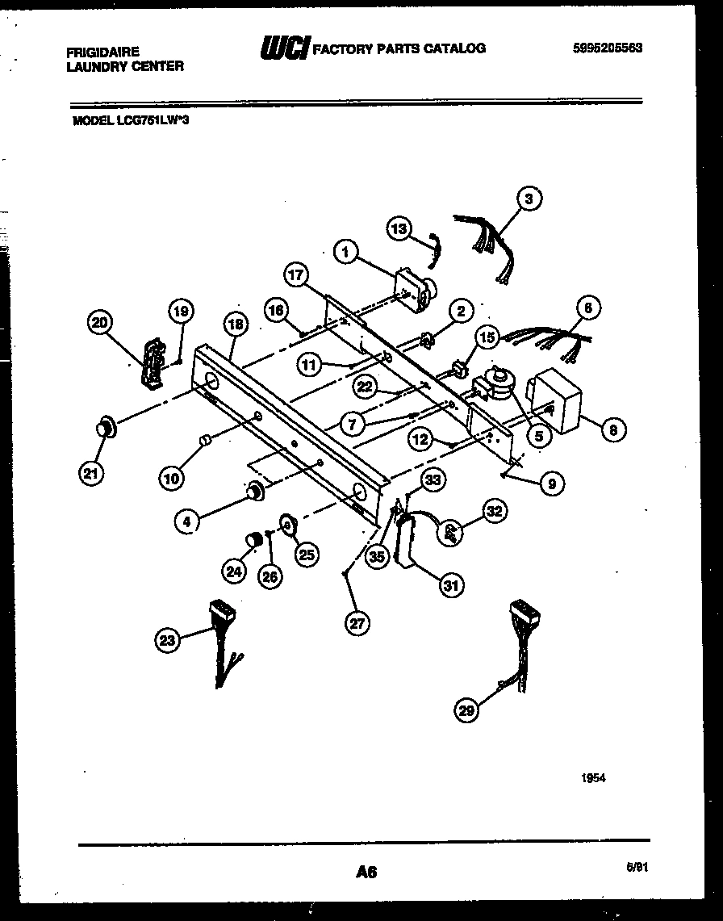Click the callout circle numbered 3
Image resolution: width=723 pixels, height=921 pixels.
(x=529, y=199)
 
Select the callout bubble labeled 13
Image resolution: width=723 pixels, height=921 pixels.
(x=399, y=228)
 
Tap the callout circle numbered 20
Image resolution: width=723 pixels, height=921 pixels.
(x=101, y=323)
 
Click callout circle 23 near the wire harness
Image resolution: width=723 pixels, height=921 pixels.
(x=167, y=641)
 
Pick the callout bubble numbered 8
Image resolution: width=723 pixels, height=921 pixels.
(x=612, y=430)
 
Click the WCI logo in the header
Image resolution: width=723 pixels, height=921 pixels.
(x=283, y=49)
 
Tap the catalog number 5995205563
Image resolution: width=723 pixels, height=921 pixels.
(x=604, y=48)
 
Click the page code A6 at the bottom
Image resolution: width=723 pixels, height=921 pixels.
(x=366, y=871)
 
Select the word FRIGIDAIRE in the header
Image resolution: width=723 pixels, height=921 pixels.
(x=102, y=52)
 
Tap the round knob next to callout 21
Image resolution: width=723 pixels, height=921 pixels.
(x=106, y=429)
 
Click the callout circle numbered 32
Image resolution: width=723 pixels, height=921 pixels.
(x=493, y=510)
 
